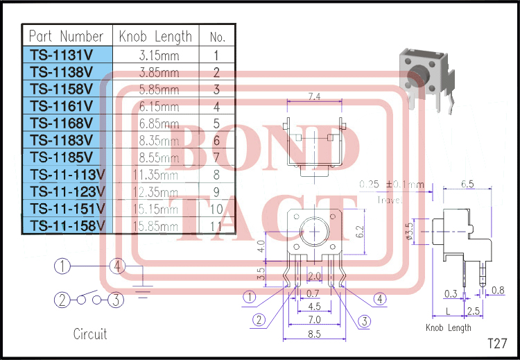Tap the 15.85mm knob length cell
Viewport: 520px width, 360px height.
(155, 226)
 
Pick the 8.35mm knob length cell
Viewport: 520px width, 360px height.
(155, 141)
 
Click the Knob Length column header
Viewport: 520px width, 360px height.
(155, 36)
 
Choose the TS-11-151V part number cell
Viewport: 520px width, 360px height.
(67, 209)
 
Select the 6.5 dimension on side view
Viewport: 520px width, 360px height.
(467, 185)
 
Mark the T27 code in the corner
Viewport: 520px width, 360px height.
(496, 343)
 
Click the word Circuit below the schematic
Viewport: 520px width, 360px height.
(90, 334)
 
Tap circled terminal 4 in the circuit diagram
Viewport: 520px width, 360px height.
(118, 266)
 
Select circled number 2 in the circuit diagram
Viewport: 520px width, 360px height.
(62, 300)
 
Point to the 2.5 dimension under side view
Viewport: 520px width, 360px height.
(475, 310)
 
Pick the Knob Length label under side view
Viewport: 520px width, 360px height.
(449, 327)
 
